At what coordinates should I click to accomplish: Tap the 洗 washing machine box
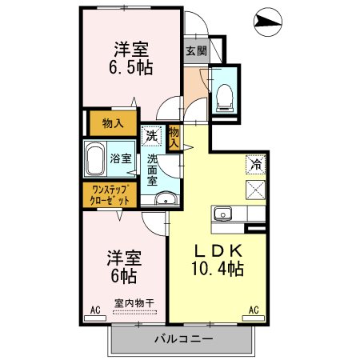tap(152, 137)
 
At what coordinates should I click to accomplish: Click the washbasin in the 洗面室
tap(166, 199)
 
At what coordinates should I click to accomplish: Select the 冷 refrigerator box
tap(255, 165)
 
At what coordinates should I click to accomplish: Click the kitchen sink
tap(222, 214)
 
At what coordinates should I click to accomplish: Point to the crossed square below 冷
tap(255, 190)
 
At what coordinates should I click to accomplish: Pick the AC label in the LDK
tap(253, 310)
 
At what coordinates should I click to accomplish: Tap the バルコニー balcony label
tap(183, 339)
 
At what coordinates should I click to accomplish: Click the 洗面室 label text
tap(153, 170)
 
